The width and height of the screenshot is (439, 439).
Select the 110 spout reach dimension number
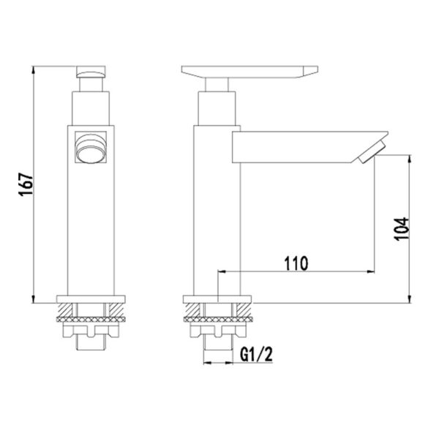point(295,262)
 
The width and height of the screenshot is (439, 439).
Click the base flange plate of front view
point(91,299)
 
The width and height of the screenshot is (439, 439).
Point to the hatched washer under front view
point(91,319)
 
